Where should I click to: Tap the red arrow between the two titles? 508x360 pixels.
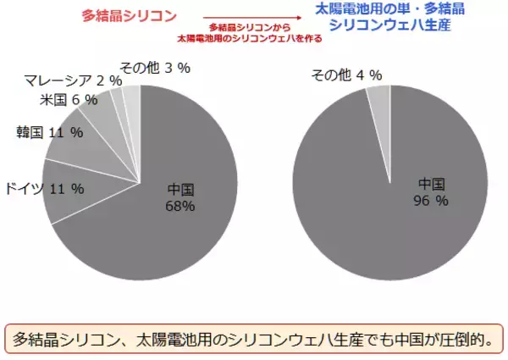[x=243, y=14]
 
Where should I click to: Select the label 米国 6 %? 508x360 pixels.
[x=69, y=100]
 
